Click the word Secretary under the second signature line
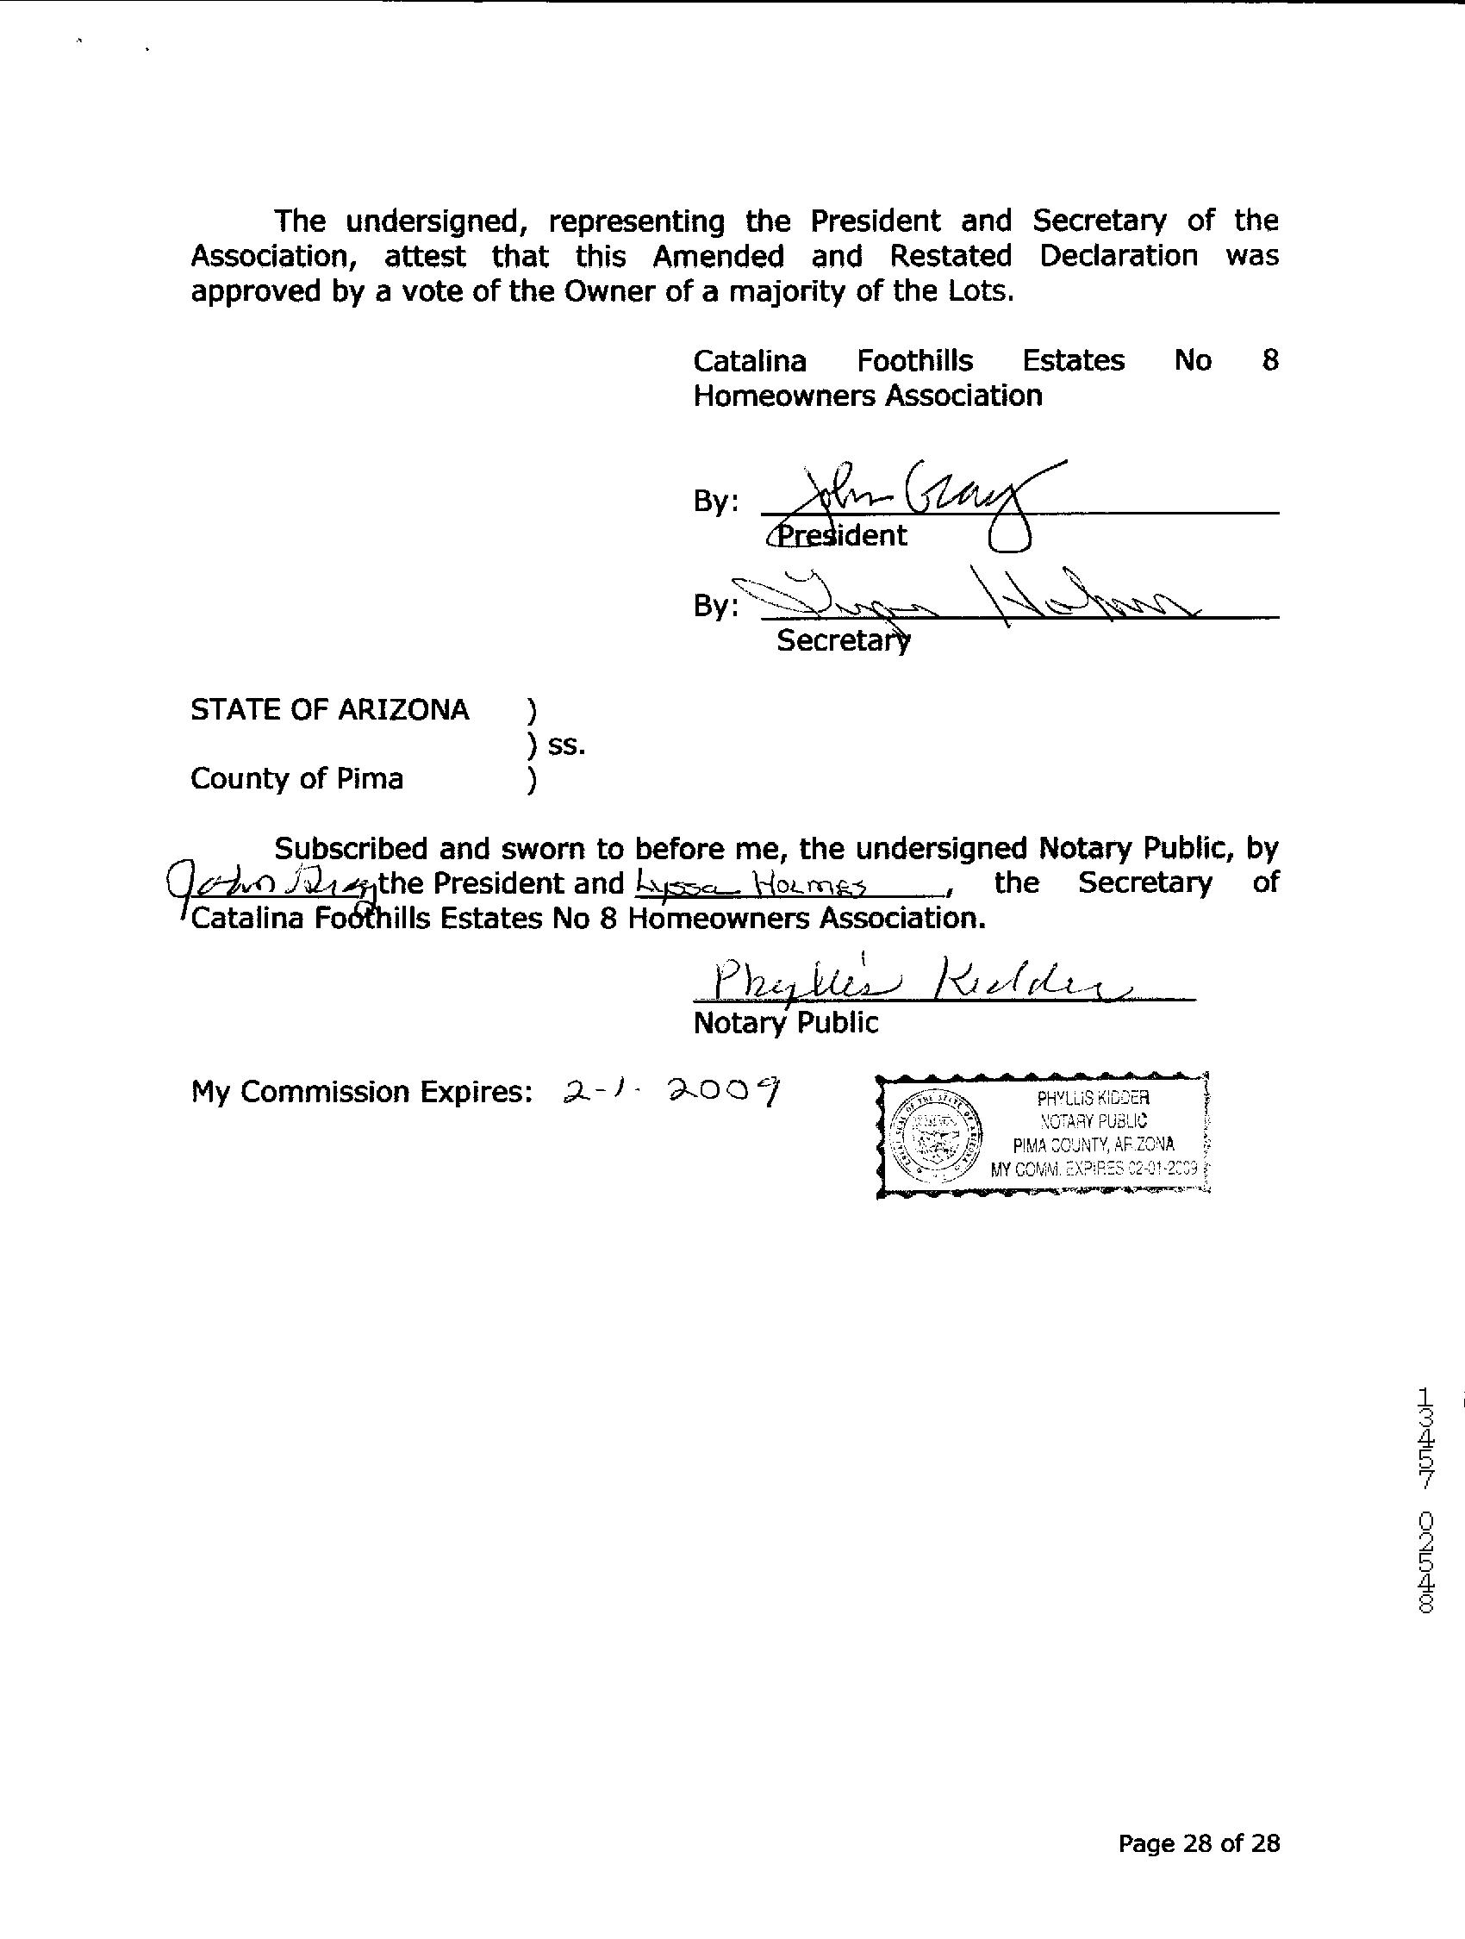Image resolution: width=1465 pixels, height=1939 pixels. point(843,641)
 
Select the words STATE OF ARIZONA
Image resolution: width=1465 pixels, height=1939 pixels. point(330,709)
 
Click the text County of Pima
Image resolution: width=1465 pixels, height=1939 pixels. point(296,778)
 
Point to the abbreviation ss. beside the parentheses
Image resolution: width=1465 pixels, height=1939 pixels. point(566,745)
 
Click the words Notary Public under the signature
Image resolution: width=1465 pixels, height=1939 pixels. point(786,1022)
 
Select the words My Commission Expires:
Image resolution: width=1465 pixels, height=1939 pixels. point(362,1091)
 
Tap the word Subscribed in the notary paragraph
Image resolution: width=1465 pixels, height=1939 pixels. point(352,848)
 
